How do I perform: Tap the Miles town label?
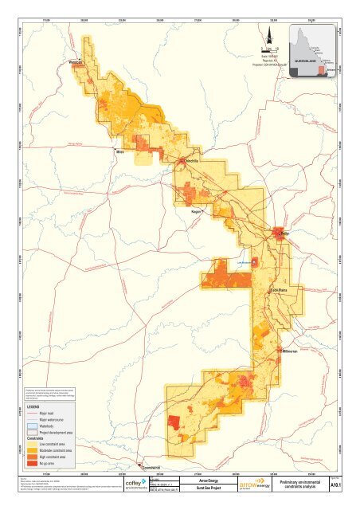pyautogui.click(x=120, y=151)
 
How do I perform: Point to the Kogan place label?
pyautogui.click(x=196, y=212)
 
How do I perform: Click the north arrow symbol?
pyautogui.click(x=270, y=34)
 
